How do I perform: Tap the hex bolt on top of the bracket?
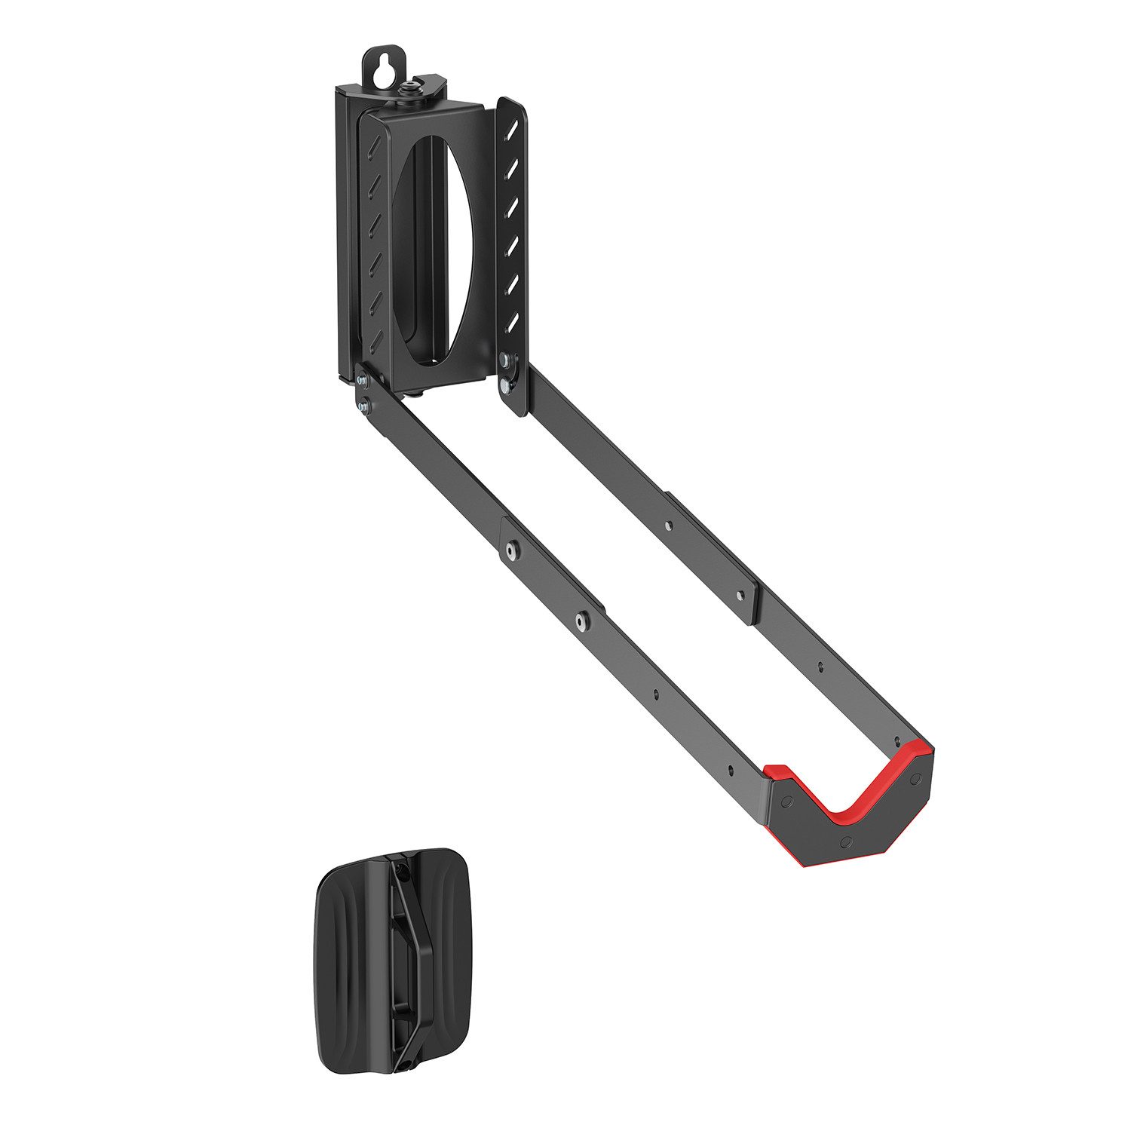[x=412, y=89]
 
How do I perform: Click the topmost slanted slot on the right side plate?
[x=513, y=130]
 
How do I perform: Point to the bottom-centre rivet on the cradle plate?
[x=845, y=840]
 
